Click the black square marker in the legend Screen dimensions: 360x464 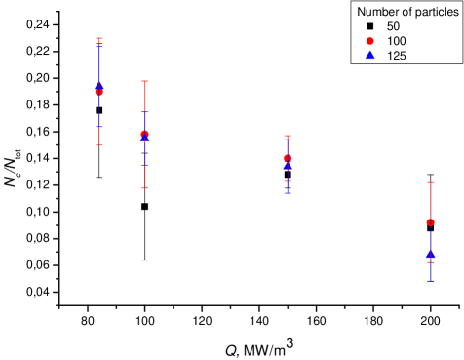pyautogui.click(x=370, y=26)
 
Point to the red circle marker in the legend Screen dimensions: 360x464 pyautogui.click(x=370, y=41)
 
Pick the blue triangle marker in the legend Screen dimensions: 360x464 pyautogui.click(x=370, y=56)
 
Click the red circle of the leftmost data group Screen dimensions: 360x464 pyautogui.click(x=99, y=92)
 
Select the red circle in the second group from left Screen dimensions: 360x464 pyautogui.click(x=145, y=134)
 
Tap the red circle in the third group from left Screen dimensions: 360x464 pyautogui.click(x=288, y=158)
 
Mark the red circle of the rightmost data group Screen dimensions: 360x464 pyautogui.click(x=431, y=222)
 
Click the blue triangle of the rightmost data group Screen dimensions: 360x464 pyautogui.click(x=431, y=256)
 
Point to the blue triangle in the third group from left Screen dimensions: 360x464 pyautogui.click(x=288, y=166)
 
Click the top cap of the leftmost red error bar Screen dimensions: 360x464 pyautogui.click(x=99, y=38)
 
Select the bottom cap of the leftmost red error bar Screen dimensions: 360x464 pyautogui.click(x=99, y=145)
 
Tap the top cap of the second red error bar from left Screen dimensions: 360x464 pyautogui.click(x=145, y=81)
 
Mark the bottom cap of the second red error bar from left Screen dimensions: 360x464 pyautogui.click(x=145, y=187)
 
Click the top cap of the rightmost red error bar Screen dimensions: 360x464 pyautogui.click(x=431, y=181)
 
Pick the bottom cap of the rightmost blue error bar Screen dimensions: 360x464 pyautogui.click(x=431, y=281)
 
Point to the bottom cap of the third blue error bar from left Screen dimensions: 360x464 pyautogui.click(x=288, y=193)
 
